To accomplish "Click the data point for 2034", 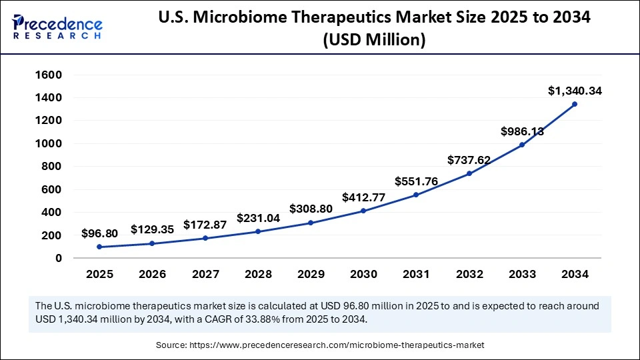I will (574, 104).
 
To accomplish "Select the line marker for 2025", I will (99, 247).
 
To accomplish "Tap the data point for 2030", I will (363, 211).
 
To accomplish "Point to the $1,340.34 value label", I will (574, 91).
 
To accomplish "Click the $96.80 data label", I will (99, 233).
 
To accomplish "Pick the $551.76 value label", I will (416, 181).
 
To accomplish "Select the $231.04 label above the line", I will (258, 218).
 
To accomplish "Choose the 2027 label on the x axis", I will (205, 274).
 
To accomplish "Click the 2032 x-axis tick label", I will (469, 274).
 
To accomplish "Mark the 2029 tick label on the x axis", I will (311, 274).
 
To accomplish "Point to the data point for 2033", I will (521, 145).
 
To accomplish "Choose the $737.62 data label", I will (469, 159).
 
